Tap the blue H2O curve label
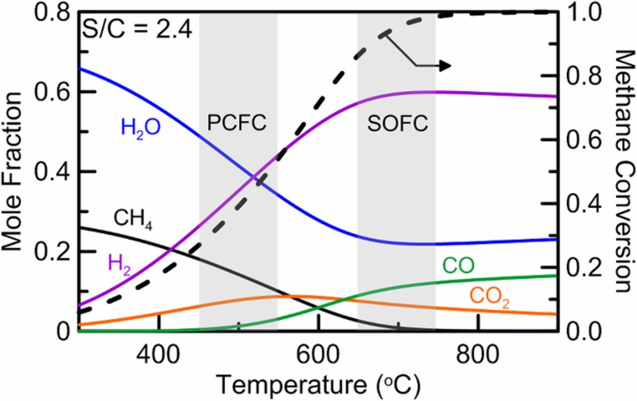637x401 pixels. coord(140,128)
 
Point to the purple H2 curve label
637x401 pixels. coord(119,263)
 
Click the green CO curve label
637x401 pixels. coord(458,267)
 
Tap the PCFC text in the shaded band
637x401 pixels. coord(237,123)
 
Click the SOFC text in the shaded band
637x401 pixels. coord(398,124)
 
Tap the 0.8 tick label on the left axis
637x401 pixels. coord(52,13)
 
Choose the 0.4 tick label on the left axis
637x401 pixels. coord(52,172)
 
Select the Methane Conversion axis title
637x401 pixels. coord(625,171)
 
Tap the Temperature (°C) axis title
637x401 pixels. coord(318,385)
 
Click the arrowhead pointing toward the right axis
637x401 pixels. coord(445,66)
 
